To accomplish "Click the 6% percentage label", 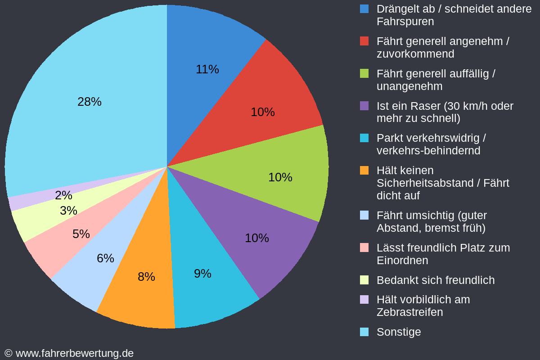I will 105,258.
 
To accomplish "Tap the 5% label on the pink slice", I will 81,234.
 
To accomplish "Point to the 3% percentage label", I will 68,211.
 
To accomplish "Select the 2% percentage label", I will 63,195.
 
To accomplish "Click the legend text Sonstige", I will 399,332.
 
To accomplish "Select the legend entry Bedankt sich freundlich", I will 435,280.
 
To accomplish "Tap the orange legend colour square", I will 364,171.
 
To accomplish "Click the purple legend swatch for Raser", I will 364,106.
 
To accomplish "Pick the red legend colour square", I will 364,41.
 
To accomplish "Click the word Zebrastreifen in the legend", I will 409,312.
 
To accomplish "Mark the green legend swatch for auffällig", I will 364,74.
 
